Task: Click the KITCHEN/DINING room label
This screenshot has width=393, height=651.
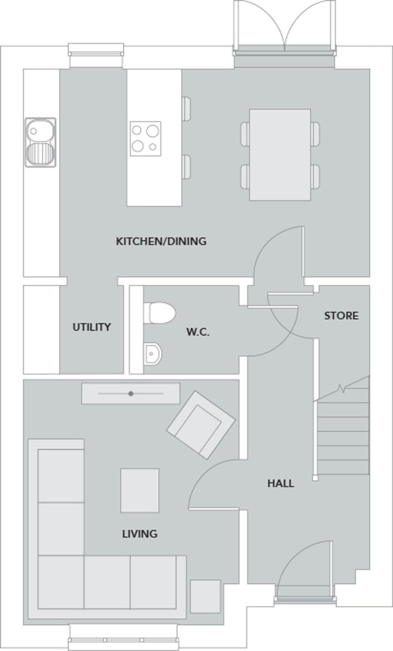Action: click(x=161, y=241)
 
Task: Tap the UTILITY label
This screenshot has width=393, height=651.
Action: click(x=92, y=327)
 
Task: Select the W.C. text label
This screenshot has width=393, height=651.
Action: click(x=198, y=332)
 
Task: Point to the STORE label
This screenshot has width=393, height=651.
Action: click(x=341, y=316)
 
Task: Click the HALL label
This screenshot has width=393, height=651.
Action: click(x=280, y=483)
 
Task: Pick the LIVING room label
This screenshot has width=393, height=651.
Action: click(x=140, y=534)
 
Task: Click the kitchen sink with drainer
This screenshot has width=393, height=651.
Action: click(x=41, y=142)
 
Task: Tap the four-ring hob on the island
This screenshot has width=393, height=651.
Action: click(x=145, y=139)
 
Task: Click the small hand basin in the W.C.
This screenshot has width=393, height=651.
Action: click(x=153, y=353)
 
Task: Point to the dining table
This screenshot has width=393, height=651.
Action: click(x=280, y=155)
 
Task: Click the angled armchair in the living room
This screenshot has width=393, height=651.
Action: click(x=201, y=425)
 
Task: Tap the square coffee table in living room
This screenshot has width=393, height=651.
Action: click(x=140, y=490)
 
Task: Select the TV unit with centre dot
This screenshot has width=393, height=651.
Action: click(x=131, y=394)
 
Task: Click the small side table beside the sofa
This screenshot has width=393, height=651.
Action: click(x=205, y=596)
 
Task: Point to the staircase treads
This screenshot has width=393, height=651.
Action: click(x=343, y=439)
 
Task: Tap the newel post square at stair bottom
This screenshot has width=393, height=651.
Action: click(x=315, y=478)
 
